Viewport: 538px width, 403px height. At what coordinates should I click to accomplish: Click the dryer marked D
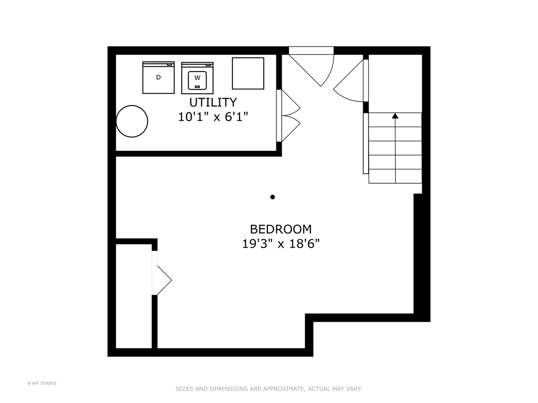tap(158, 78)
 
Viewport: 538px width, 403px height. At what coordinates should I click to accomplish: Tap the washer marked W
tap(197, 78)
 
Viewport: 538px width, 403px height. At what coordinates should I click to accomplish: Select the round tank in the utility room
tap(132, 121)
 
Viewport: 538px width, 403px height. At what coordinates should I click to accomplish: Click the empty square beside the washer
tap(248, 74)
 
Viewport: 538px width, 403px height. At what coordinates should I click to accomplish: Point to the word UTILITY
tap(213, 102)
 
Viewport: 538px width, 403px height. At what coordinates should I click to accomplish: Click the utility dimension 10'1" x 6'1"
tap(213, 117)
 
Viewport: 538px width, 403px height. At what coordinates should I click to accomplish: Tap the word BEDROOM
tap(281, 229)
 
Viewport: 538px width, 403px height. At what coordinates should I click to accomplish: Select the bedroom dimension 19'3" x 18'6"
tap(281, 244)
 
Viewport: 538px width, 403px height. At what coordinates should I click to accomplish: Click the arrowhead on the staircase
tap(395, 116)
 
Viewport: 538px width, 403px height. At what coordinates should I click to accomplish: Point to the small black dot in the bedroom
tap(273, 197)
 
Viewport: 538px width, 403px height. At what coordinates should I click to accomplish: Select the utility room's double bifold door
tap(288, 116)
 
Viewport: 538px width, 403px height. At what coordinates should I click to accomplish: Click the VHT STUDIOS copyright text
tap(42, 383)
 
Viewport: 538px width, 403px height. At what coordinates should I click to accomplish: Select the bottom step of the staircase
tap(395, 176)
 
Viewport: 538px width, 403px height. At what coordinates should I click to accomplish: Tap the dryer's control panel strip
tap(158, 64)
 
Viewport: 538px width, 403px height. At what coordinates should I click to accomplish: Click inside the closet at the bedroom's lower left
tap(134, 296)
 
